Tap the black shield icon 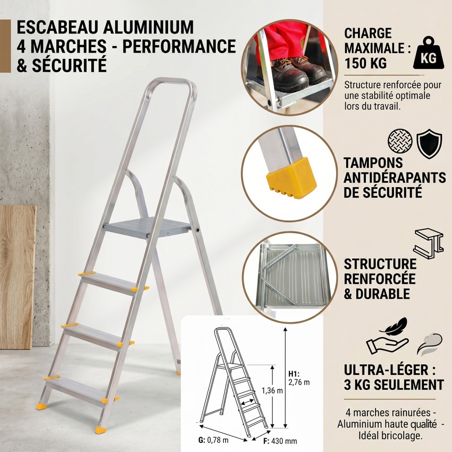(x=429, y=144)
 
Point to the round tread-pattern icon (x=400, y=141)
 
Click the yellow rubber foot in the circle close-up (x=292, y=178)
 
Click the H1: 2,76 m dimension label (x=299, y=378)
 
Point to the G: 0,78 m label (x=213, y=440)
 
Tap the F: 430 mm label (x=280, y=441)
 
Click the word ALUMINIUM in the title (x=148, y=28)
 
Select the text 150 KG (x=366, y=63)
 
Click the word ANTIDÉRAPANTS (x=395, y=178)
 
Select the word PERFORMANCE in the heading (x=179, y=46)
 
